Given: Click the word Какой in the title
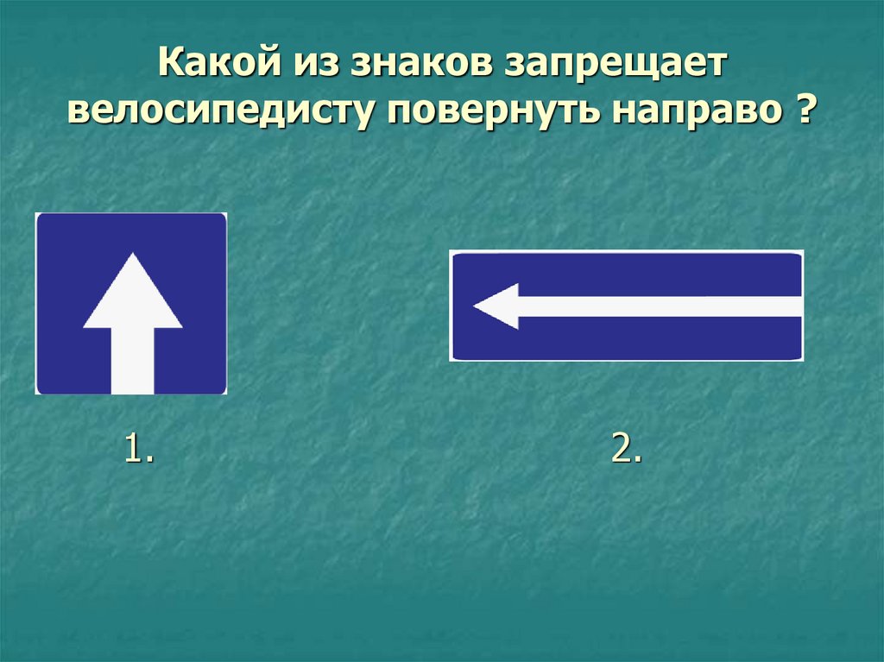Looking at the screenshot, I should pyautogui.click(x=212, y=66).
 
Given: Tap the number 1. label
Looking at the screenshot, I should pyautogui.click(x=139, y=450).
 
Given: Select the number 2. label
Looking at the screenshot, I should pyautogui.click(x=626, y=450).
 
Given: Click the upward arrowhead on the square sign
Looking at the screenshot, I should pyautogui.click(x=132, y=293).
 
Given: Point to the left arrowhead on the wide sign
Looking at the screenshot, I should pyautogui.click(x=496, y=306).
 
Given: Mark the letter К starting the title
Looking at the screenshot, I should pyautogui.click(x=170, y=66).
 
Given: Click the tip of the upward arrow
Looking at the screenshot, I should pyautogui.click(x=132, y=255).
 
